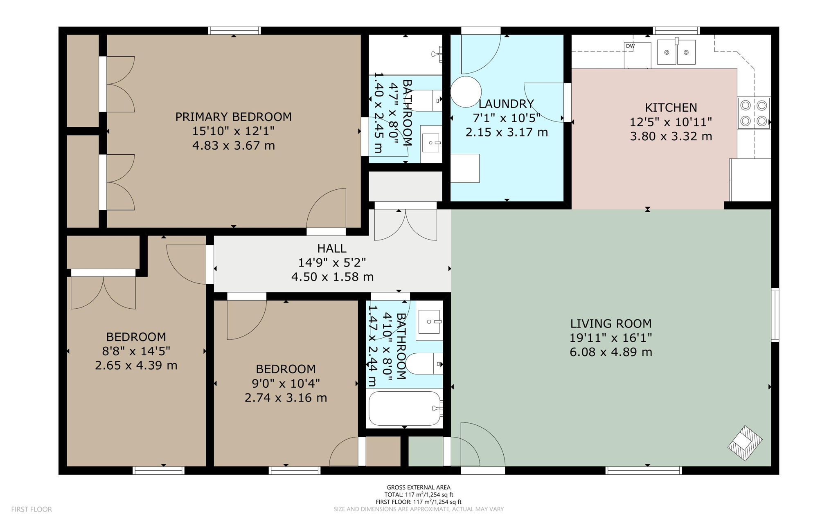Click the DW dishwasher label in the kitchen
pyautogui.click(x=630, y=46)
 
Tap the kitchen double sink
pyautogui.click(x=676, y=52)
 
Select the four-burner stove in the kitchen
pyautogui.click(x=754, y=113)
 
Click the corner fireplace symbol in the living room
pyautogui.click(x=745, y=443)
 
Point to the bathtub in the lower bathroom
pyautogui.click(x=404, y=409)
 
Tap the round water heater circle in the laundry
pyautogui.click(x=466, y=92)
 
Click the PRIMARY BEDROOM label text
pyautogui.click(x=233, y=117)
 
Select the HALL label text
pyautogui.click(x=332, y=248)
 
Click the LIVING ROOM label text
pyautogui.click(x=610, y=324)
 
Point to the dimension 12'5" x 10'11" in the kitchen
pyautogui.click(x=671, y=122)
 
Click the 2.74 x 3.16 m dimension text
pyautogui.click(x=286, y=398)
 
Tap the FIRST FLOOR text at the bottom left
pyautogui.click(x=32, y=509)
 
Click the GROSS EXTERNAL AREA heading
pyautogui.click(x=419, y=487)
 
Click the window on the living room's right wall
pyautogui.click(x=775, y=314)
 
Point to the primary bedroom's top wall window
pyautogui.click(x=234, y=31)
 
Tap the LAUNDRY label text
pyautogui.click(x=506, y=104)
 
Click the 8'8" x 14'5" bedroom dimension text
pyautogui.click(x=136, y=351)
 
